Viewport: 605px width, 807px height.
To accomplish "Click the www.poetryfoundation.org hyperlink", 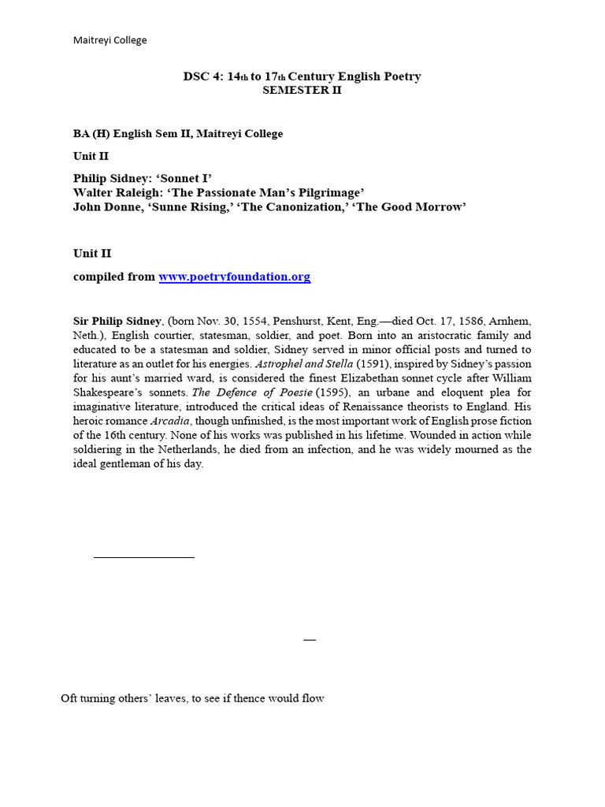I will click(234, 277).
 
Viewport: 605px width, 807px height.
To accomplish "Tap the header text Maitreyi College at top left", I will click(110, 40).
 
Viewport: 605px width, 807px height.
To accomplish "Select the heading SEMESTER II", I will click(302, 90).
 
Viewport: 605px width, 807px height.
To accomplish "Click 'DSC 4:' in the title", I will click(199, 76).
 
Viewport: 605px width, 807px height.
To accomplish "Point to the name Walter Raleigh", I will click(113, 193).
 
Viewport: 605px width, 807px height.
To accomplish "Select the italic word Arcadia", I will click(172, 421).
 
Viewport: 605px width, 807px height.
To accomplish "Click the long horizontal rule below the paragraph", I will click(143, 557).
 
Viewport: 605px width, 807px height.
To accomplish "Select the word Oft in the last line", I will click(70, 698).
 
